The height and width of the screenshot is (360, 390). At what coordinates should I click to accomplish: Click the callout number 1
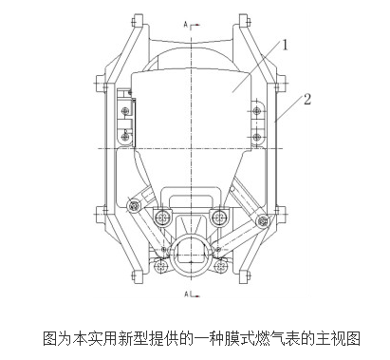[x=285, y=45]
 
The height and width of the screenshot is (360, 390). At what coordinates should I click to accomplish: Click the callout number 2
[x=307, y=99]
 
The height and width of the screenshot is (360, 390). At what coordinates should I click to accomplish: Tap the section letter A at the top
[x=186, y=25]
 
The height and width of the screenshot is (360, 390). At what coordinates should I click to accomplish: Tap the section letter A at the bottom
[x=186, y=294]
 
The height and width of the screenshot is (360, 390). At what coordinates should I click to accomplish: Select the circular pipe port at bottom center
[x=191, y=256]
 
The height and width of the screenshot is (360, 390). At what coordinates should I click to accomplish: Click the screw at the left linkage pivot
[x=135, y=206]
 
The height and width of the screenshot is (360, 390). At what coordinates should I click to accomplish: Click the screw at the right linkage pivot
[x=262, y=221]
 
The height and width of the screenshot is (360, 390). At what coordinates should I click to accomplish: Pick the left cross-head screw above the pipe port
[x=163, y=218]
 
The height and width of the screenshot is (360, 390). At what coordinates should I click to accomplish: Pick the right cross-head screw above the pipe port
[x=218, y=218]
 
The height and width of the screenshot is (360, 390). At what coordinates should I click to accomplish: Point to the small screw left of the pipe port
[x=161, y=266]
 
